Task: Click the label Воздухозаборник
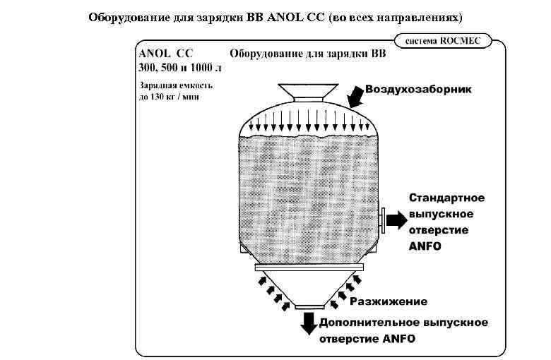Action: point(418,90)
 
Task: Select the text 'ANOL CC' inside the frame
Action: point(166,54)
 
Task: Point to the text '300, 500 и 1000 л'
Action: point(179,68)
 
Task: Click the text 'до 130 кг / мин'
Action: point(169,97)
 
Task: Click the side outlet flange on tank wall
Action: point(381,220)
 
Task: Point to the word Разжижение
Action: point(389,301)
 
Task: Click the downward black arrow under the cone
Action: point(309,322)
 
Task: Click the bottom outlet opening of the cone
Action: point(308,306)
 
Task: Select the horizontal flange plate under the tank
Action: point(308,267)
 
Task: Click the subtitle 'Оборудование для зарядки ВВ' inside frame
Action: point(308,54)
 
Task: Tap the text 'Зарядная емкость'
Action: point(176,86)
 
